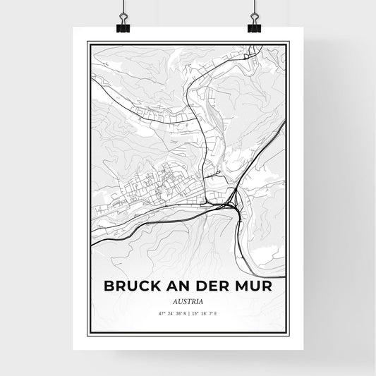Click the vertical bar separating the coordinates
(x=188, y=314)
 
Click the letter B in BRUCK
(x=109, y=288)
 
